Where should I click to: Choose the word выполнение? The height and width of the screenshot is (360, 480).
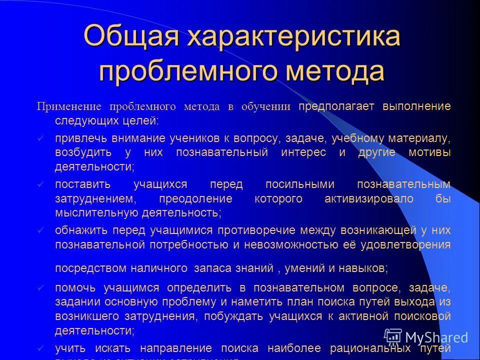[418, 106]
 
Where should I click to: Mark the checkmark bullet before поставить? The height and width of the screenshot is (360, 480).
[41, 184]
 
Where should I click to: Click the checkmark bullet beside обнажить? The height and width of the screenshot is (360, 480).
[41, 230]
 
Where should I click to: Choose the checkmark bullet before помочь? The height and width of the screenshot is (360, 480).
[41, 288]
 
